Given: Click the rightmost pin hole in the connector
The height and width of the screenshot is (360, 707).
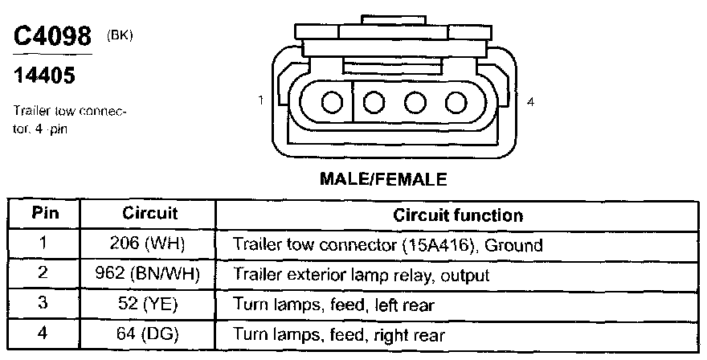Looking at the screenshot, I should (x=456, y=103).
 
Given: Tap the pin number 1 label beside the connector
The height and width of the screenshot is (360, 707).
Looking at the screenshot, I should (x=262, y=100).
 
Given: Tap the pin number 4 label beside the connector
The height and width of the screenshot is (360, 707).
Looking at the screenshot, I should (x=531, y=100).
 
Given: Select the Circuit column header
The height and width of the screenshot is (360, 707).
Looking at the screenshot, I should (x=149, y=215).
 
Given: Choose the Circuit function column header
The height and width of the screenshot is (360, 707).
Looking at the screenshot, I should (x=458, y=215).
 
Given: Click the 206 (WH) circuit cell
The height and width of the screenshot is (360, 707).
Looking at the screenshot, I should (x=149, y=244).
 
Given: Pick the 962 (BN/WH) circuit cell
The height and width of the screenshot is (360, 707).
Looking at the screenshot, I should (x=149, y=274).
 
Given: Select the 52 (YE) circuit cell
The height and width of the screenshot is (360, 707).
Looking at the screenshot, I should (x=149, y=305).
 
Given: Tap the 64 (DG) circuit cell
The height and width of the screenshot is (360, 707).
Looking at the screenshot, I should (x=149, y=334).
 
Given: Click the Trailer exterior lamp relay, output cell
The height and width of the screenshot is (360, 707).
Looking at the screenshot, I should (x=362, y=275).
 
